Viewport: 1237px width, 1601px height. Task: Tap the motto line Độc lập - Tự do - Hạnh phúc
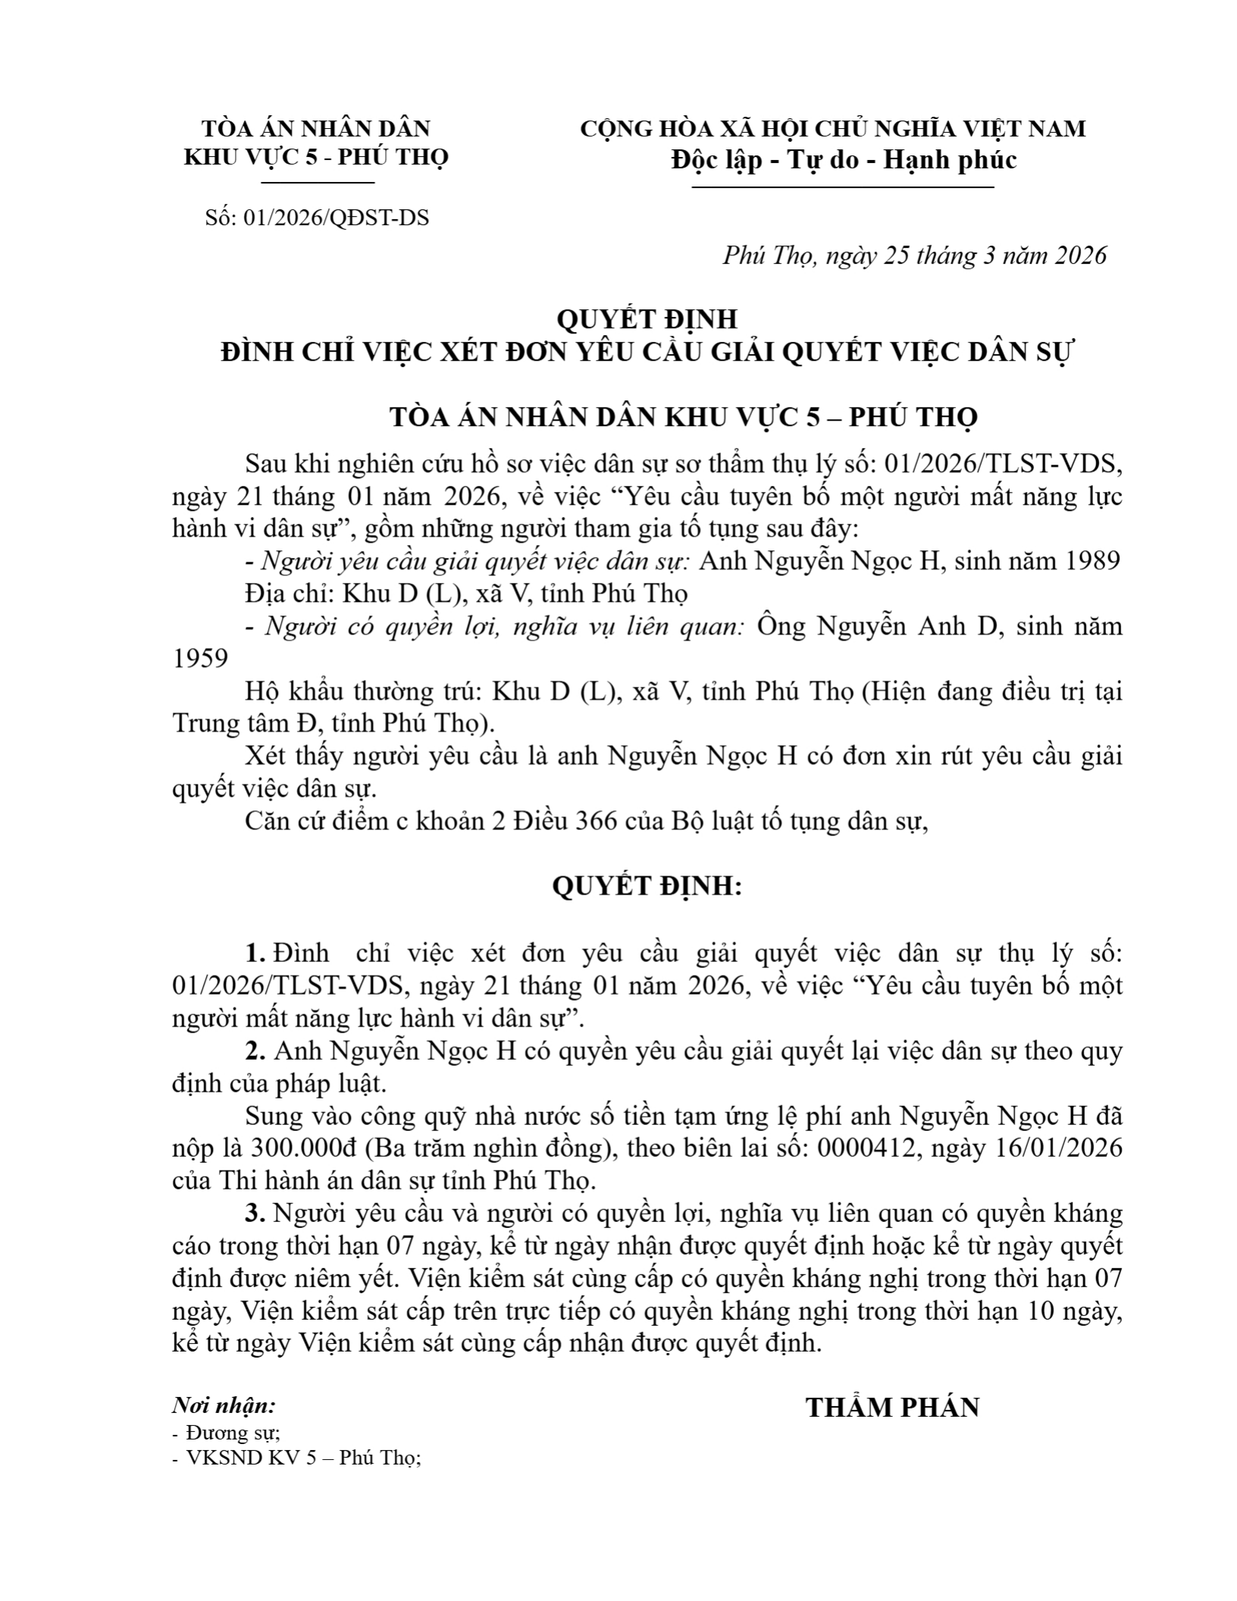point(843,159)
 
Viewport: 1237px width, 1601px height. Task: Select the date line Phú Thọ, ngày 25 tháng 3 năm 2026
point(914,255)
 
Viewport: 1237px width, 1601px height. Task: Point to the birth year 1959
point(200,658)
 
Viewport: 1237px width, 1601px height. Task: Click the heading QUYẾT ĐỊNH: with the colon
point(647,885)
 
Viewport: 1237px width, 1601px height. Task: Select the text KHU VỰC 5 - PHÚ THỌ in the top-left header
point(316,157)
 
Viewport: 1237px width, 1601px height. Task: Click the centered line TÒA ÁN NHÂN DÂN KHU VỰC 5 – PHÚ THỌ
point(683,417)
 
